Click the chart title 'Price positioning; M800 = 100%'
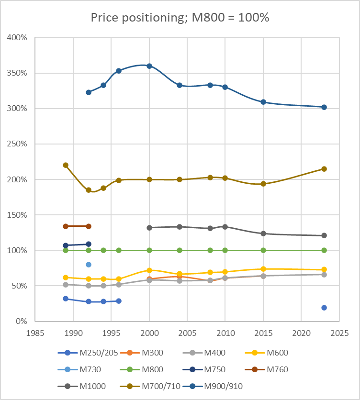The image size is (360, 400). [x=180, y=18]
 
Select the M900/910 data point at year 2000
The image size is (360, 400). [x=149, y=66]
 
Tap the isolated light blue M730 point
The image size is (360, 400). [x=89, y=265]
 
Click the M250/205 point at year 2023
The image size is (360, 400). [x=324, y=308]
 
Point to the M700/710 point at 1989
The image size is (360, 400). [x=66, y=165]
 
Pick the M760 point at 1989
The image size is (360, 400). [x=66, y=226]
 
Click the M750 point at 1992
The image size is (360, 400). [x=89, y=244]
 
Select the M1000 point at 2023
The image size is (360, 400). [x=324, y=235]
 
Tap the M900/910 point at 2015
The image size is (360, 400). [x=263, y=102]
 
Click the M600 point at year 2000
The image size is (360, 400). [x=149, y=270]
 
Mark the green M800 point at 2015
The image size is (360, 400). [x=263, y=250]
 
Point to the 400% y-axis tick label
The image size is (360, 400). [x=17, y=38]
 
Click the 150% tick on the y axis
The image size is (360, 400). [x=17, y=215]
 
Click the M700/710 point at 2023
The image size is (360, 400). [x=324, y=169]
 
